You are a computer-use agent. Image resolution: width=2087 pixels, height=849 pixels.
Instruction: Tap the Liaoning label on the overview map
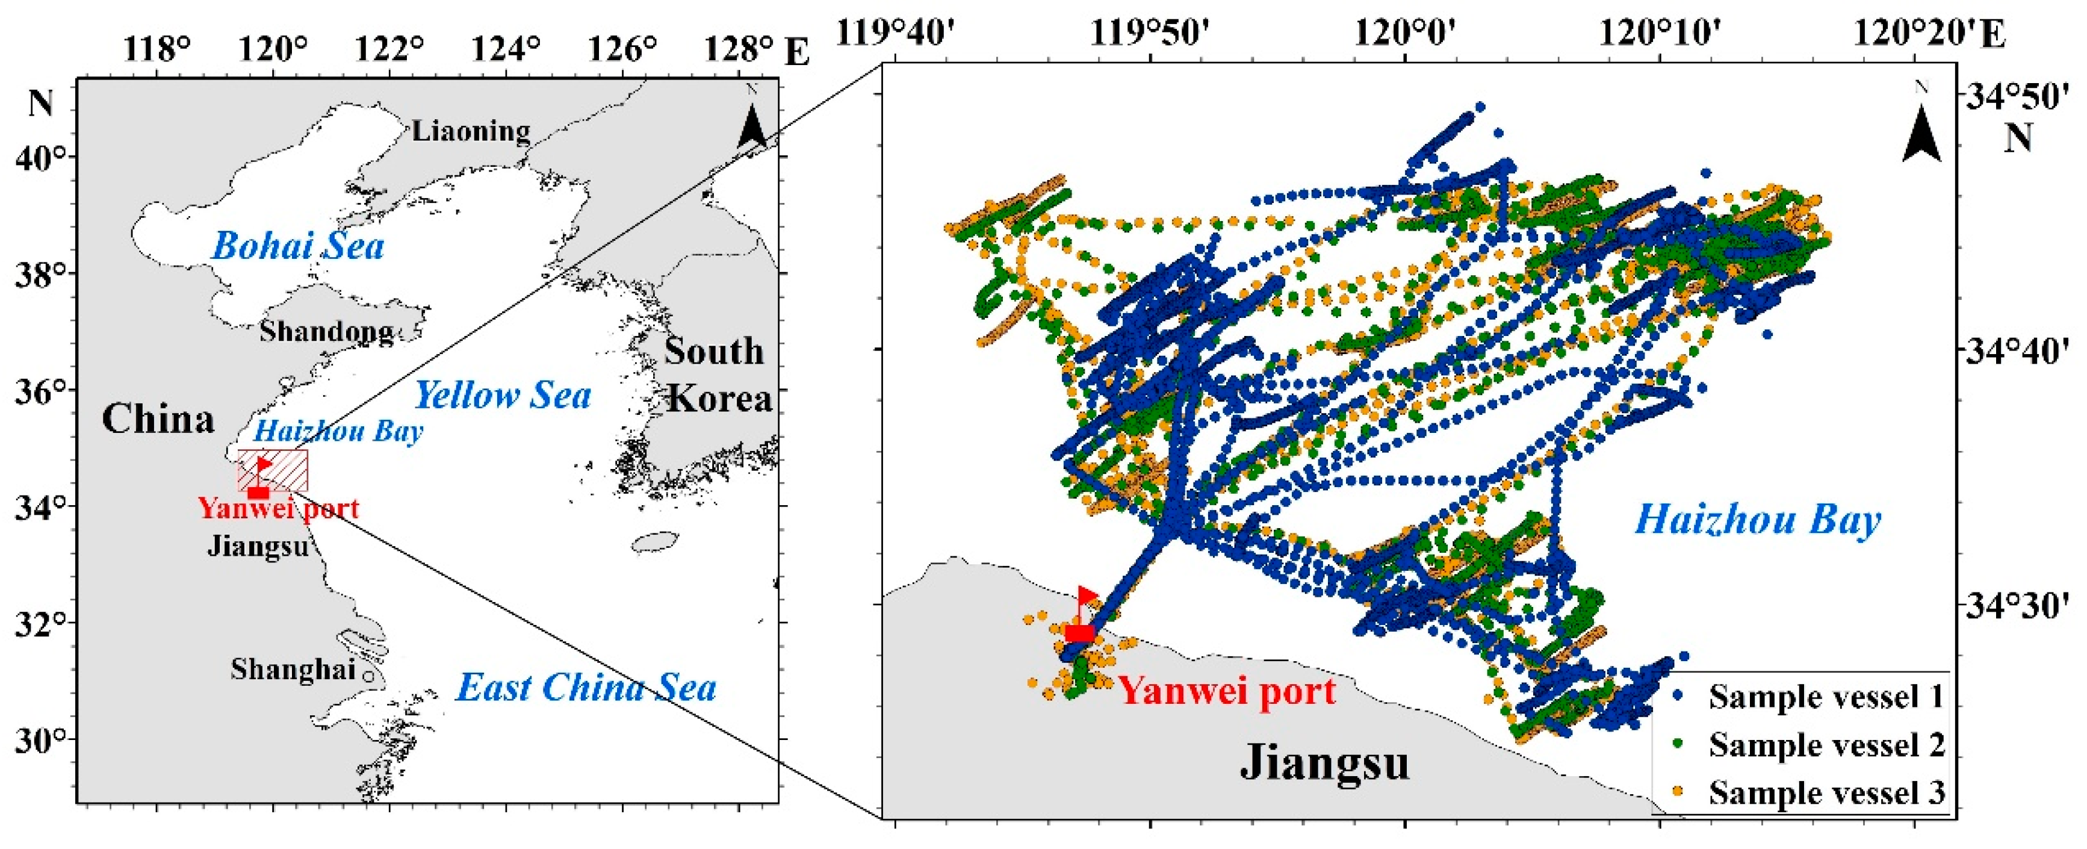[471, 131]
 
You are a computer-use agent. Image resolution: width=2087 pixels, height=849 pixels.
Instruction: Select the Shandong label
[326, 331]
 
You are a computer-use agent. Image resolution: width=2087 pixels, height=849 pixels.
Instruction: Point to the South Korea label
[717, 375]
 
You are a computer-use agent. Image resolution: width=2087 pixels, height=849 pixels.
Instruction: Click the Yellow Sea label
[503, 396]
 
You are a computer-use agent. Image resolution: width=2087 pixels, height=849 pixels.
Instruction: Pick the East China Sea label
[586, 688]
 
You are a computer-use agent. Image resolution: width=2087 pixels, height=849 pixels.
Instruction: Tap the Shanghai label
[293, 669]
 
